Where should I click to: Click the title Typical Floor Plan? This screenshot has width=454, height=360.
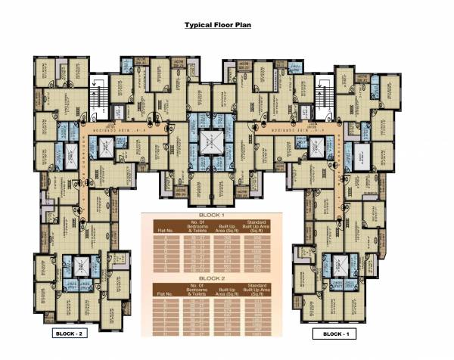tap(218, 25)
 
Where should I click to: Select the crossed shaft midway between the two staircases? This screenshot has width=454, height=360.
tap(210, 141)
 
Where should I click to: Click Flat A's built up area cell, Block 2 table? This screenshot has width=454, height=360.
tap(225, 300)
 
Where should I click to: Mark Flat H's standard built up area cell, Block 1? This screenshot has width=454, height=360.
tap(258, 271)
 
